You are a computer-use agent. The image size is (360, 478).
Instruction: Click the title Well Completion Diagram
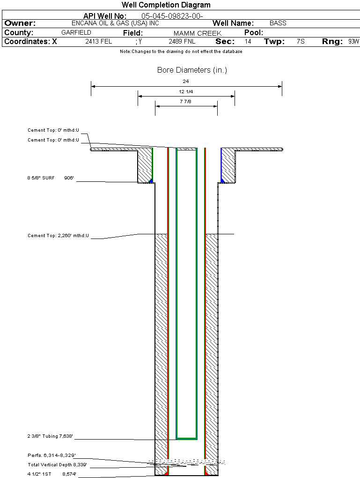click(166, 5)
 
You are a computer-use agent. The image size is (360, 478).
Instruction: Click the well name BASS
click(278, 23)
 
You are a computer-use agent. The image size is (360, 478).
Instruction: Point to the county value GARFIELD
click(76, 33)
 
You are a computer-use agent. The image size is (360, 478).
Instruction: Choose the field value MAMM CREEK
click(197, 33)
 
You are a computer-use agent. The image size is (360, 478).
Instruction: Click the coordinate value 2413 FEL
click(99, 41)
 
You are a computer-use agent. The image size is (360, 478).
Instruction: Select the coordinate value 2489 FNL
click(182, 41)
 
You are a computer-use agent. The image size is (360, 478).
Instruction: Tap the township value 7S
click(301, 41)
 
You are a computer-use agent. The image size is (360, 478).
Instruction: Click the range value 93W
click(353, 41)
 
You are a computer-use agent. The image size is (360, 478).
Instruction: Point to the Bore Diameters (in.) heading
click(192, 70)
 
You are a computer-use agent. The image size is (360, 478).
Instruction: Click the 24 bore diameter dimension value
click(186, 81)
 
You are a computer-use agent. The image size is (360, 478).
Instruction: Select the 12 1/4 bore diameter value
click(186, 91)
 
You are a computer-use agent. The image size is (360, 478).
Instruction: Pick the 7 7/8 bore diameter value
click(186, 101)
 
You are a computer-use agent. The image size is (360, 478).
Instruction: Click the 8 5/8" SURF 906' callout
click(51, 178)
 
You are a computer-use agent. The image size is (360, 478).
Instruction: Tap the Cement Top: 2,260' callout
click(58, 235)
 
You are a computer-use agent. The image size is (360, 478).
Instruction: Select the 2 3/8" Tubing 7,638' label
click(50, 436)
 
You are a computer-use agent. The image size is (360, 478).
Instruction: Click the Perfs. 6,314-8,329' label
click(51, 455)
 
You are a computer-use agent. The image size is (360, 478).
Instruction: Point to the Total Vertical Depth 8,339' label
click(57, 464)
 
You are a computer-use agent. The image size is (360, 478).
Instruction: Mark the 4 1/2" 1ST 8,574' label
click(51, 474)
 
